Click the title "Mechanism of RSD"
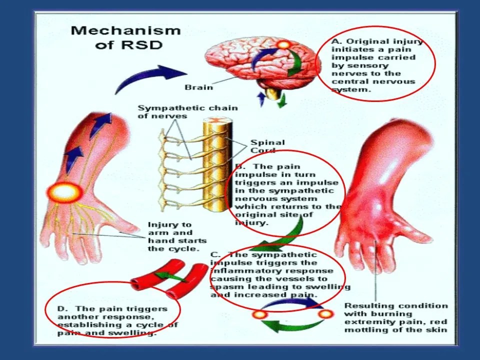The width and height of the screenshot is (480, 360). point(125,37)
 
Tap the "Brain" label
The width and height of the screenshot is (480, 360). point(199,87)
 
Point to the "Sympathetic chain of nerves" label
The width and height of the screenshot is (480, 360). point(187,111)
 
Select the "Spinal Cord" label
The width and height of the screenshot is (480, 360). point(267,146)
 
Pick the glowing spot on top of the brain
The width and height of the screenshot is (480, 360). point(283,44)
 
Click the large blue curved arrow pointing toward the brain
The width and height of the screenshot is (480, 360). point(145,77)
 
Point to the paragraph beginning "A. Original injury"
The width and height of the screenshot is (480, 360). point(376,65)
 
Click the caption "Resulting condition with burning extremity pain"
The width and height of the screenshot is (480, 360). point(396,317)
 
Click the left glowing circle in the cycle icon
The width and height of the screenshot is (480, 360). point(259,315)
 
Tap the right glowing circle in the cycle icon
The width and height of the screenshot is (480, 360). point(325,314)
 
